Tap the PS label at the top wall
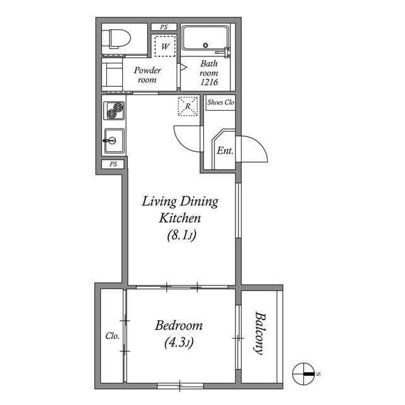pyautogui.click(x=164, y=27)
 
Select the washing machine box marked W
pyautogui.click(x=165, y=46)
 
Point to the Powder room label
pyautogui.click(x=147, y=75)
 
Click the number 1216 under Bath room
pyautogui.click(x=209, y=82)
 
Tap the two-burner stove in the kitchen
pyautogui.click(x=114, y=111)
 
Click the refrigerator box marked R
pyautogui.click(x=187, y=106)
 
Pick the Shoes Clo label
pyautogui.click(x=220, y=102)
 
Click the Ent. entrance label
pyautogui.click(x=225, y=151)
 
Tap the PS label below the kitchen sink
pyautogui.click(x=113, y=164)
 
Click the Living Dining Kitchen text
pyautogui.click(x=180, y=210)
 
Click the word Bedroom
pyautogui.click(x=179, y=326)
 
